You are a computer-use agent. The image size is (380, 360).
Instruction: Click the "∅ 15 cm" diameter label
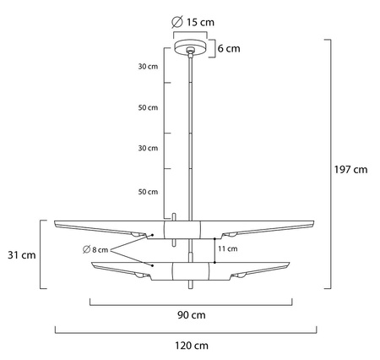click(x=190, y=20)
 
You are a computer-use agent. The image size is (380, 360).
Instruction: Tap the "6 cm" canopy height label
click(x=228, y=48)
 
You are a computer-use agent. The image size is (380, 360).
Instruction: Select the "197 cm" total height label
click(x=351, y=169)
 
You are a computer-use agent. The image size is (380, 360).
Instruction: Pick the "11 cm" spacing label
click(x=227, y=249)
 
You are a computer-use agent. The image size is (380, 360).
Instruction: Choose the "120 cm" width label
click(x=190, y=345)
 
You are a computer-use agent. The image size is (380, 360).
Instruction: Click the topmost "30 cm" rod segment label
click(x=148, y=67)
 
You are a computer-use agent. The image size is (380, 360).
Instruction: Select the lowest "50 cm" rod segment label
click(x=148, y=193)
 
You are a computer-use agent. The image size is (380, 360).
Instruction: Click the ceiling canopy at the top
click(x=191, y=47)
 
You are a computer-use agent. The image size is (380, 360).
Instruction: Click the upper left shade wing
click(x=101, y=227)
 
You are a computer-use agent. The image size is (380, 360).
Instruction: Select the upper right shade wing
click(x=270, y=227)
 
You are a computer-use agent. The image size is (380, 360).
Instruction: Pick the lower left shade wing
click(x=118, y=269)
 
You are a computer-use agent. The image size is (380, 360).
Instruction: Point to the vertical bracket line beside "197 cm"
click(x=330, y=169)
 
